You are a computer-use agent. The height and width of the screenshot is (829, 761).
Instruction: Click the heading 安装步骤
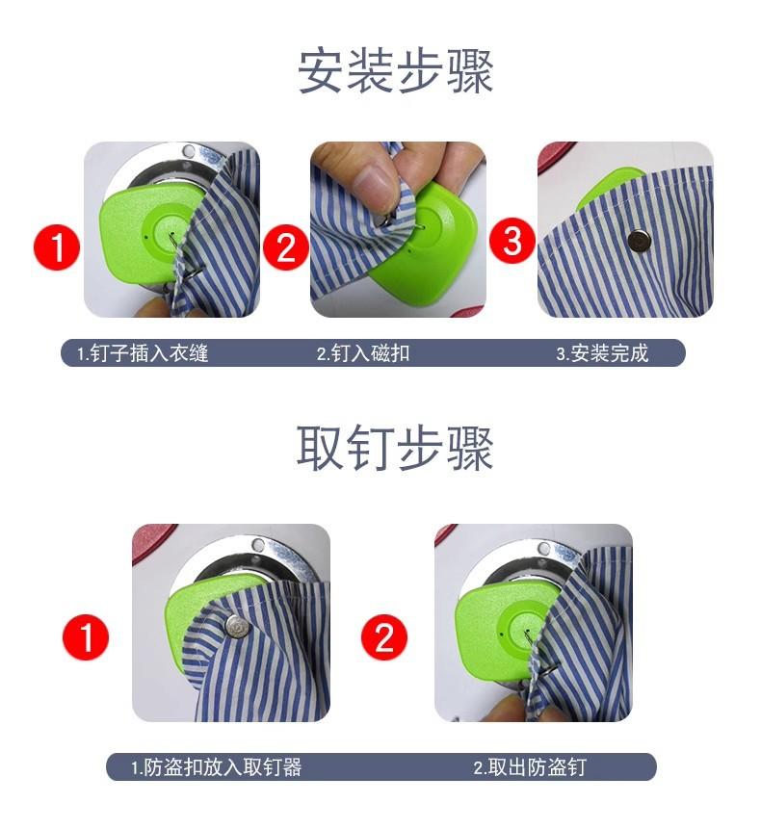(x=396, y=71)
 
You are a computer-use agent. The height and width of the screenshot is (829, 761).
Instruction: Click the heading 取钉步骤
(x=395, y=448)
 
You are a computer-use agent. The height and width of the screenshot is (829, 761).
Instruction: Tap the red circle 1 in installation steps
(x=57, y=247)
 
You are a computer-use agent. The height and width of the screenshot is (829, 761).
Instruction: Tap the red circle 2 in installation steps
(x=285, y=247)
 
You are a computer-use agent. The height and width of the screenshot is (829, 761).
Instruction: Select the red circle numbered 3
(x=512, y=241)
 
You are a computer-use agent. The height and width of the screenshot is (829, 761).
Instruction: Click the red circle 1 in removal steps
(x=86, y=637)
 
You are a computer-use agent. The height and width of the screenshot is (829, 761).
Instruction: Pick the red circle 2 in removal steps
(x=384, y=637)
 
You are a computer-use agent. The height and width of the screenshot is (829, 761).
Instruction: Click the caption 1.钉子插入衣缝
(x=143, y=352)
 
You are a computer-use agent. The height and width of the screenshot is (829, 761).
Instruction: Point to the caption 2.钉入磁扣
(x=363, y=352)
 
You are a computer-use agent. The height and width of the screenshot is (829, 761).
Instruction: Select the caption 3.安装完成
(x=602, y=352)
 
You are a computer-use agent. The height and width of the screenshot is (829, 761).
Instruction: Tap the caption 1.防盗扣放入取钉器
(x=217, y=767)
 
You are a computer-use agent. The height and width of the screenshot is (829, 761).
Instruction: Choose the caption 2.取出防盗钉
(x=530, y=767)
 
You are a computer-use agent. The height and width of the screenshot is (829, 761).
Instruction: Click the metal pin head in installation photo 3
(x=639, y=241)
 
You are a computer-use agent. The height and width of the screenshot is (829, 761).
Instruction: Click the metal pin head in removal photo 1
(x=237, y=626)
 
